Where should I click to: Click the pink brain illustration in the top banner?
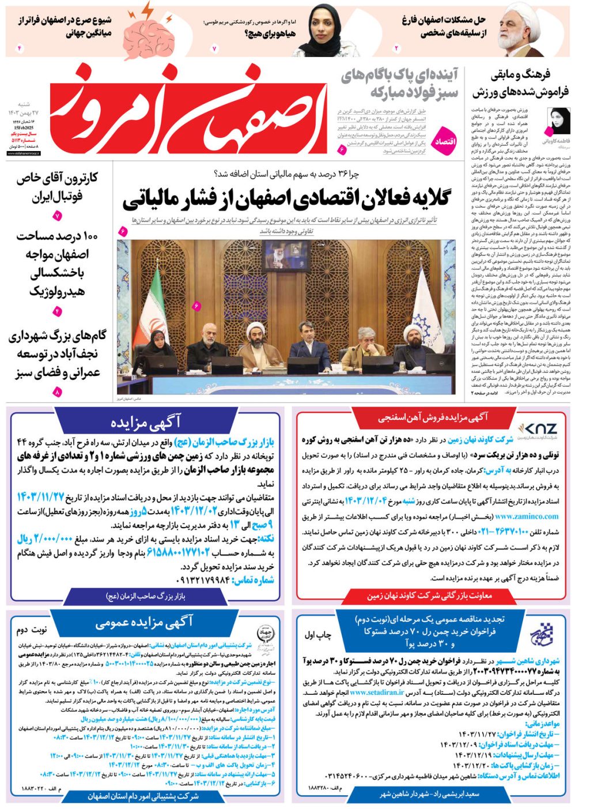pyautogui.click(x=150, y=31)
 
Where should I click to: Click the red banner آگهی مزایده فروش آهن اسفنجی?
pyautogui.click(x=432, y=416)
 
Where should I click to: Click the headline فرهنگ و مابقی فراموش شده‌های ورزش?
pyautogui.click(x=520, y=83)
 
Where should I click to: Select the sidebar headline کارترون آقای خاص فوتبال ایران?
pyautogui.click(x=57, y=187)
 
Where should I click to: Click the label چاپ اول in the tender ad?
pyautogui.click(x=318, y=635)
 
